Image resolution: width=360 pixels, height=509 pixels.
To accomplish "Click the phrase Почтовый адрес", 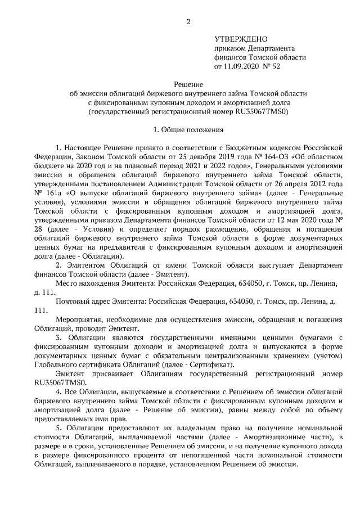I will [x=82, y=302].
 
